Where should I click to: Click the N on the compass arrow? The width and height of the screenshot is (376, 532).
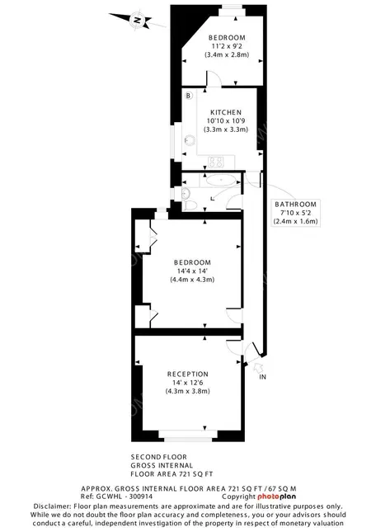[x=138, y=20]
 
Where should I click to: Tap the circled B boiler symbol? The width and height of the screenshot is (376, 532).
[x=189, y=96]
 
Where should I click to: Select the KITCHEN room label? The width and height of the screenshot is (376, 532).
[x=226, y=112]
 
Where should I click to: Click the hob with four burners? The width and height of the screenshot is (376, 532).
[x=216, y=162]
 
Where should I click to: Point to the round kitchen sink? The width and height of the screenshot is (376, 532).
[x=190, y=140]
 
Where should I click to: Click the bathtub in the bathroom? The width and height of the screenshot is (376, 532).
[x=220, y=180]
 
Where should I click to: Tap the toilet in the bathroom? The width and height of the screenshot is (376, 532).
[x=190, y=205]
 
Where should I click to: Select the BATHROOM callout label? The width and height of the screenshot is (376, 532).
[x=296, y=205]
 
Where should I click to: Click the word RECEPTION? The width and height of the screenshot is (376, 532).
[x=187, y=374]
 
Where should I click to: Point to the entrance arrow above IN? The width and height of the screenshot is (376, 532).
[x=259, y=367]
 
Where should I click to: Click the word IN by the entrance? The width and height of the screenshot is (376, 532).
[x=262, y=377]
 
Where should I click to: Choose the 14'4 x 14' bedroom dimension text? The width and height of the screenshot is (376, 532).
[x=192, y=271]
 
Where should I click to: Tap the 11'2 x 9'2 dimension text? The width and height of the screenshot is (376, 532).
[x=227, y=46]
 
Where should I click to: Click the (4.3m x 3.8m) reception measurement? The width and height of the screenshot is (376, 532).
[x=187, y=391]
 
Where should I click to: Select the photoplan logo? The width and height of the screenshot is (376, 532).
[x=276, y=497]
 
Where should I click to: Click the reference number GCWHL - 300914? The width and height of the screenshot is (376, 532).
[x=125, y=497]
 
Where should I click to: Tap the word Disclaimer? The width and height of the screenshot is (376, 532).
[x=52, y=506]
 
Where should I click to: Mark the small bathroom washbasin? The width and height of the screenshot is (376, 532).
[x=186, y=194]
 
